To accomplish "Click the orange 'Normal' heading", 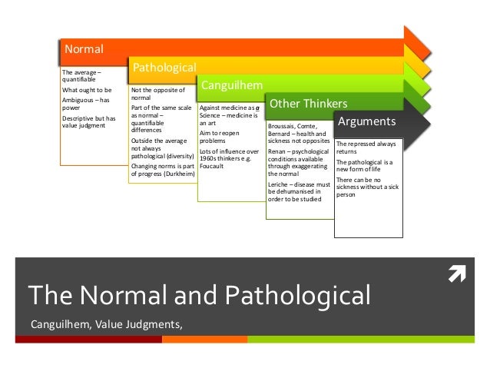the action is coord(84,50).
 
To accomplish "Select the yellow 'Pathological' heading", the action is coord(165,68).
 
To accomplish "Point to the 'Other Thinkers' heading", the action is coord(307,103).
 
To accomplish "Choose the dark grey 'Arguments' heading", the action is coord(367,121).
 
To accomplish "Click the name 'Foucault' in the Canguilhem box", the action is coord(211,165).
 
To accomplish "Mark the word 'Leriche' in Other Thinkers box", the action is coord(280,185).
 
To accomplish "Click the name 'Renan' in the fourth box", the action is coord(277,151).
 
